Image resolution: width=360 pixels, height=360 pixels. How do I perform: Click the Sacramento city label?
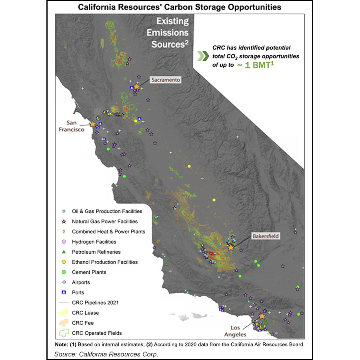tap(166, 80)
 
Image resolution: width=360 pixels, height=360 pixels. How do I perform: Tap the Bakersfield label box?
tap(265, 236)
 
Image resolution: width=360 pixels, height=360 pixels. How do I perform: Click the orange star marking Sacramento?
tap(137, 86)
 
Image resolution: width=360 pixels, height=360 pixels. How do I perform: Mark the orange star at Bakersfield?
tap(231, 248)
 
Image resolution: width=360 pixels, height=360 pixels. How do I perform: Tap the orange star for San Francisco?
tap(93, 124)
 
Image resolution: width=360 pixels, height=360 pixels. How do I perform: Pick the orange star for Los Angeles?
tap(262, 316)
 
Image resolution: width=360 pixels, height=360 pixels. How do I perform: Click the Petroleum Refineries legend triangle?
tap(64, 252)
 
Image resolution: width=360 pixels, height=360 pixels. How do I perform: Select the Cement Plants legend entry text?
tap(89, 272)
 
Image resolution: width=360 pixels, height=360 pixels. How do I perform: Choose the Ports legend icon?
tap(64, 292)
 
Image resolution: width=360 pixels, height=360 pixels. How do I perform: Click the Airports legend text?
tap(81, 282)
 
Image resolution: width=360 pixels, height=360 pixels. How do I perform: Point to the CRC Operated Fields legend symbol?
tap(64, 333)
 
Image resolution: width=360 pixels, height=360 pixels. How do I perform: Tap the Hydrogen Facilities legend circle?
tap(64, 242)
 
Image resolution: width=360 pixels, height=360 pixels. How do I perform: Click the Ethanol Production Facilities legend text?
tap(105, 262)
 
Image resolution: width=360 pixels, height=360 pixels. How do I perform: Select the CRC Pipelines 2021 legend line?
tap(64, 303)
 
